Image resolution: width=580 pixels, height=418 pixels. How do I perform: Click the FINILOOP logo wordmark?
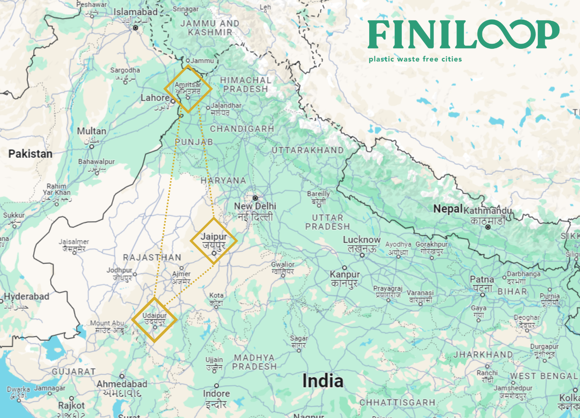click(x=463, y=34)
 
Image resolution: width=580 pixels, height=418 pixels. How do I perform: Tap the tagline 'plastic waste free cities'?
click(x=415, y=59)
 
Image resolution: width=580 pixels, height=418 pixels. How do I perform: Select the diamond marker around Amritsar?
click(x=188, y=89)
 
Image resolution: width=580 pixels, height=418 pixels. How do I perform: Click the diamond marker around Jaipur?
click(x=214, y=241)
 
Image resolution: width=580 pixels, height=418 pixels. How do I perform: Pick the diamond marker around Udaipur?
click(x=154, y=320)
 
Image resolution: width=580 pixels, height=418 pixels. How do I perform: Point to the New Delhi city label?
click(x=255, y=206)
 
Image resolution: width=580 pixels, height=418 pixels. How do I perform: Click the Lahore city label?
click(x=155, y=98)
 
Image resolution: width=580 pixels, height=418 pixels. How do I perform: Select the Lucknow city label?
click(x=362, y=240)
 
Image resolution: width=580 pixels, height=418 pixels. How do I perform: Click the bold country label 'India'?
click(x=323, y=381)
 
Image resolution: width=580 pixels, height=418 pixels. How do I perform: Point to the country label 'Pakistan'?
click(x=30, y=154)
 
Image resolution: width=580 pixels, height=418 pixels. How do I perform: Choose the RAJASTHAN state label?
click(x=152, y=258)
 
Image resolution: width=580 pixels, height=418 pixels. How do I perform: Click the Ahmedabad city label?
click(x=122, y=384)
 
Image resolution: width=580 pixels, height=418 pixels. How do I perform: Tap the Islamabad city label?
click(x=135, y=12)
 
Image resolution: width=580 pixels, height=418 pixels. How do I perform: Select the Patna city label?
click(x=482, y=279)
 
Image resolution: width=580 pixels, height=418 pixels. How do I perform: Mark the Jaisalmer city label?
click(x=73, y=242)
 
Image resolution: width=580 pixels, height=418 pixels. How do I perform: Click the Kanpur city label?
click(x=345, y=274)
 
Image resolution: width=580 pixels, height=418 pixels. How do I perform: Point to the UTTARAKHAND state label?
click(x=307, y=150)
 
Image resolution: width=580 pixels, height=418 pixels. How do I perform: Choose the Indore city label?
click(x=216, y=394)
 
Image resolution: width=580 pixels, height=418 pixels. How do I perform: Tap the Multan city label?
click(x=92, y=131)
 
